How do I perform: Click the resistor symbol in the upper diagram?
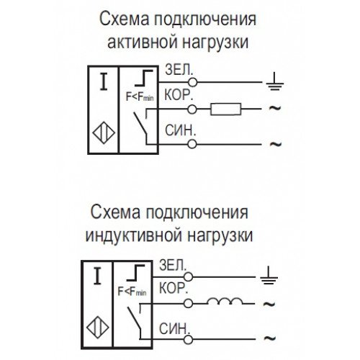(225, 109)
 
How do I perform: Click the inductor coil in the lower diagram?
(225, 301)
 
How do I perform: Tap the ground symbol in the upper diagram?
(274, 81)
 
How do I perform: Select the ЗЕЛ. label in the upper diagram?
(179, 70)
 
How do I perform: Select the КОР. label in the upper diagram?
(179, 95)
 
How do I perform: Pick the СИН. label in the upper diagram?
(180, 131)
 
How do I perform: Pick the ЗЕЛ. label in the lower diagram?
(173, 265)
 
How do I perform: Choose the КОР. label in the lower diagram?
(174, 288)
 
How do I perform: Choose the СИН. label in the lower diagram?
(174, 328)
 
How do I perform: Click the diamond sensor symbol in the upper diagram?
(104, 132)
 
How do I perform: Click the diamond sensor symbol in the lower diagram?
(97, 327)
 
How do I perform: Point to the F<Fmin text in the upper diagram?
(140, 97)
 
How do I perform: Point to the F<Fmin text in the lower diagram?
(132, 292)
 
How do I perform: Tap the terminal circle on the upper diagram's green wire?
(192, 82)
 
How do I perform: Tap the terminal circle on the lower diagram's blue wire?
(188, 340)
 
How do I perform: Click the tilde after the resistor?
(275, 108)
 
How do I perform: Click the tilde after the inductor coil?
(269, 304)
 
